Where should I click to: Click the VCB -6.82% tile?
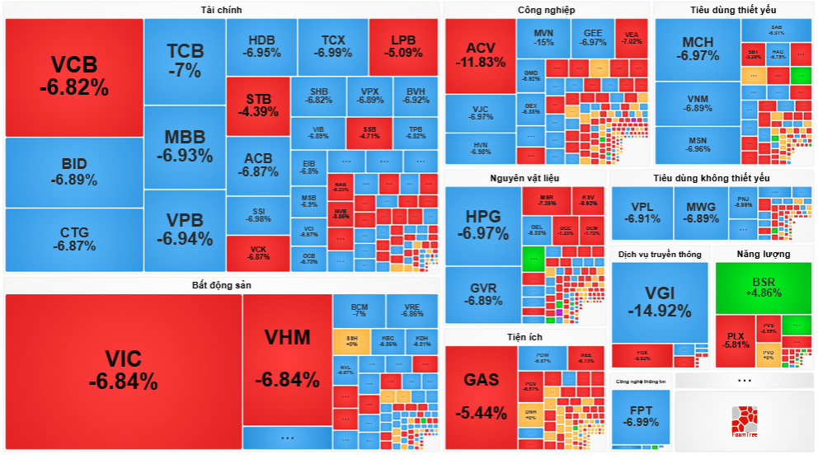[x=74, y=76]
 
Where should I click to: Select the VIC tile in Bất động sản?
[x=123, y=369]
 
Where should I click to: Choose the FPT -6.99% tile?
[x=641, y=416]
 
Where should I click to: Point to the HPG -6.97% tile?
[x=482, y=224]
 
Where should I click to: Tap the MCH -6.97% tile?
[x=697, y=49]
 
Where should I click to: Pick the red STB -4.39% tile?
[x=257, y=105]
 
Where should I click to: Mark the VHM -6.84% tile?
[x=286, y=358]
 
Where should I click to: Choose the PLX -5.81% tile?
[x=736, y=340]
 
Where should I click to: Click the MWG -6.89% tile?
[x=701, y=213]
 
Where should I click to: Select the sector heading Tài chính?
[x=221, y=10]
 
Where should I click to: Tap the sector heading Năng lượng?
[x=763, y=254]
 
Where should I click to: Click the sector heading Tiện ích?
[x=524, y=337]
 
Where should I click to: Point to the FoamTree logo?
[x=745, y=421]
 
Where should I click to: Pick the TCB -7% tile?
[x=184, y=60]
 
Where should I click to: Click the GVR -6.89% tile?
[x=482, y=293]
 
